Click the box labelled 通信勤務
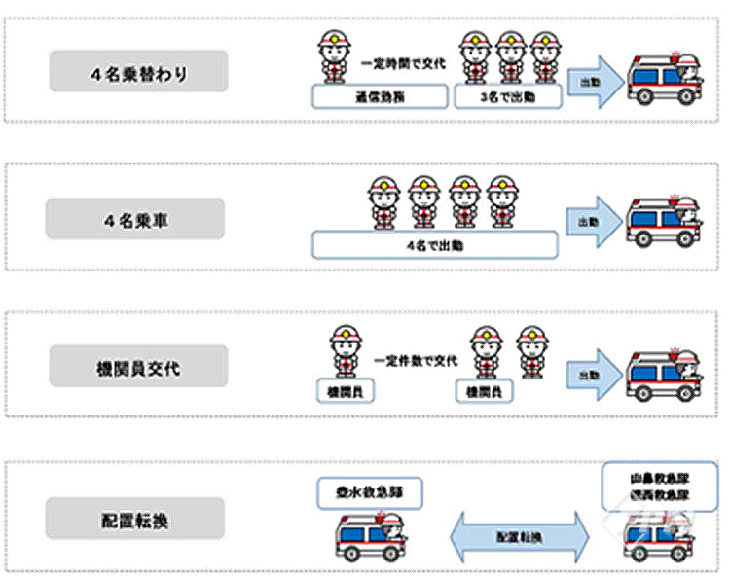pyautogui.click(x=381, y=96)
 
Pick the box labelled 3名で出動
pyautogui.click(x=507, y=96)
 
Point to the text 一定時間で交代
pyautogui.click(x=402, y=63)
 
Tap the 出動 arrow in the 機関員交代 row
pyautogui.click(x=594, y=375)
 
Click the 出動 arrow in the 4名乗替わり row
pyautogui.click(x=594, y=81)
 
